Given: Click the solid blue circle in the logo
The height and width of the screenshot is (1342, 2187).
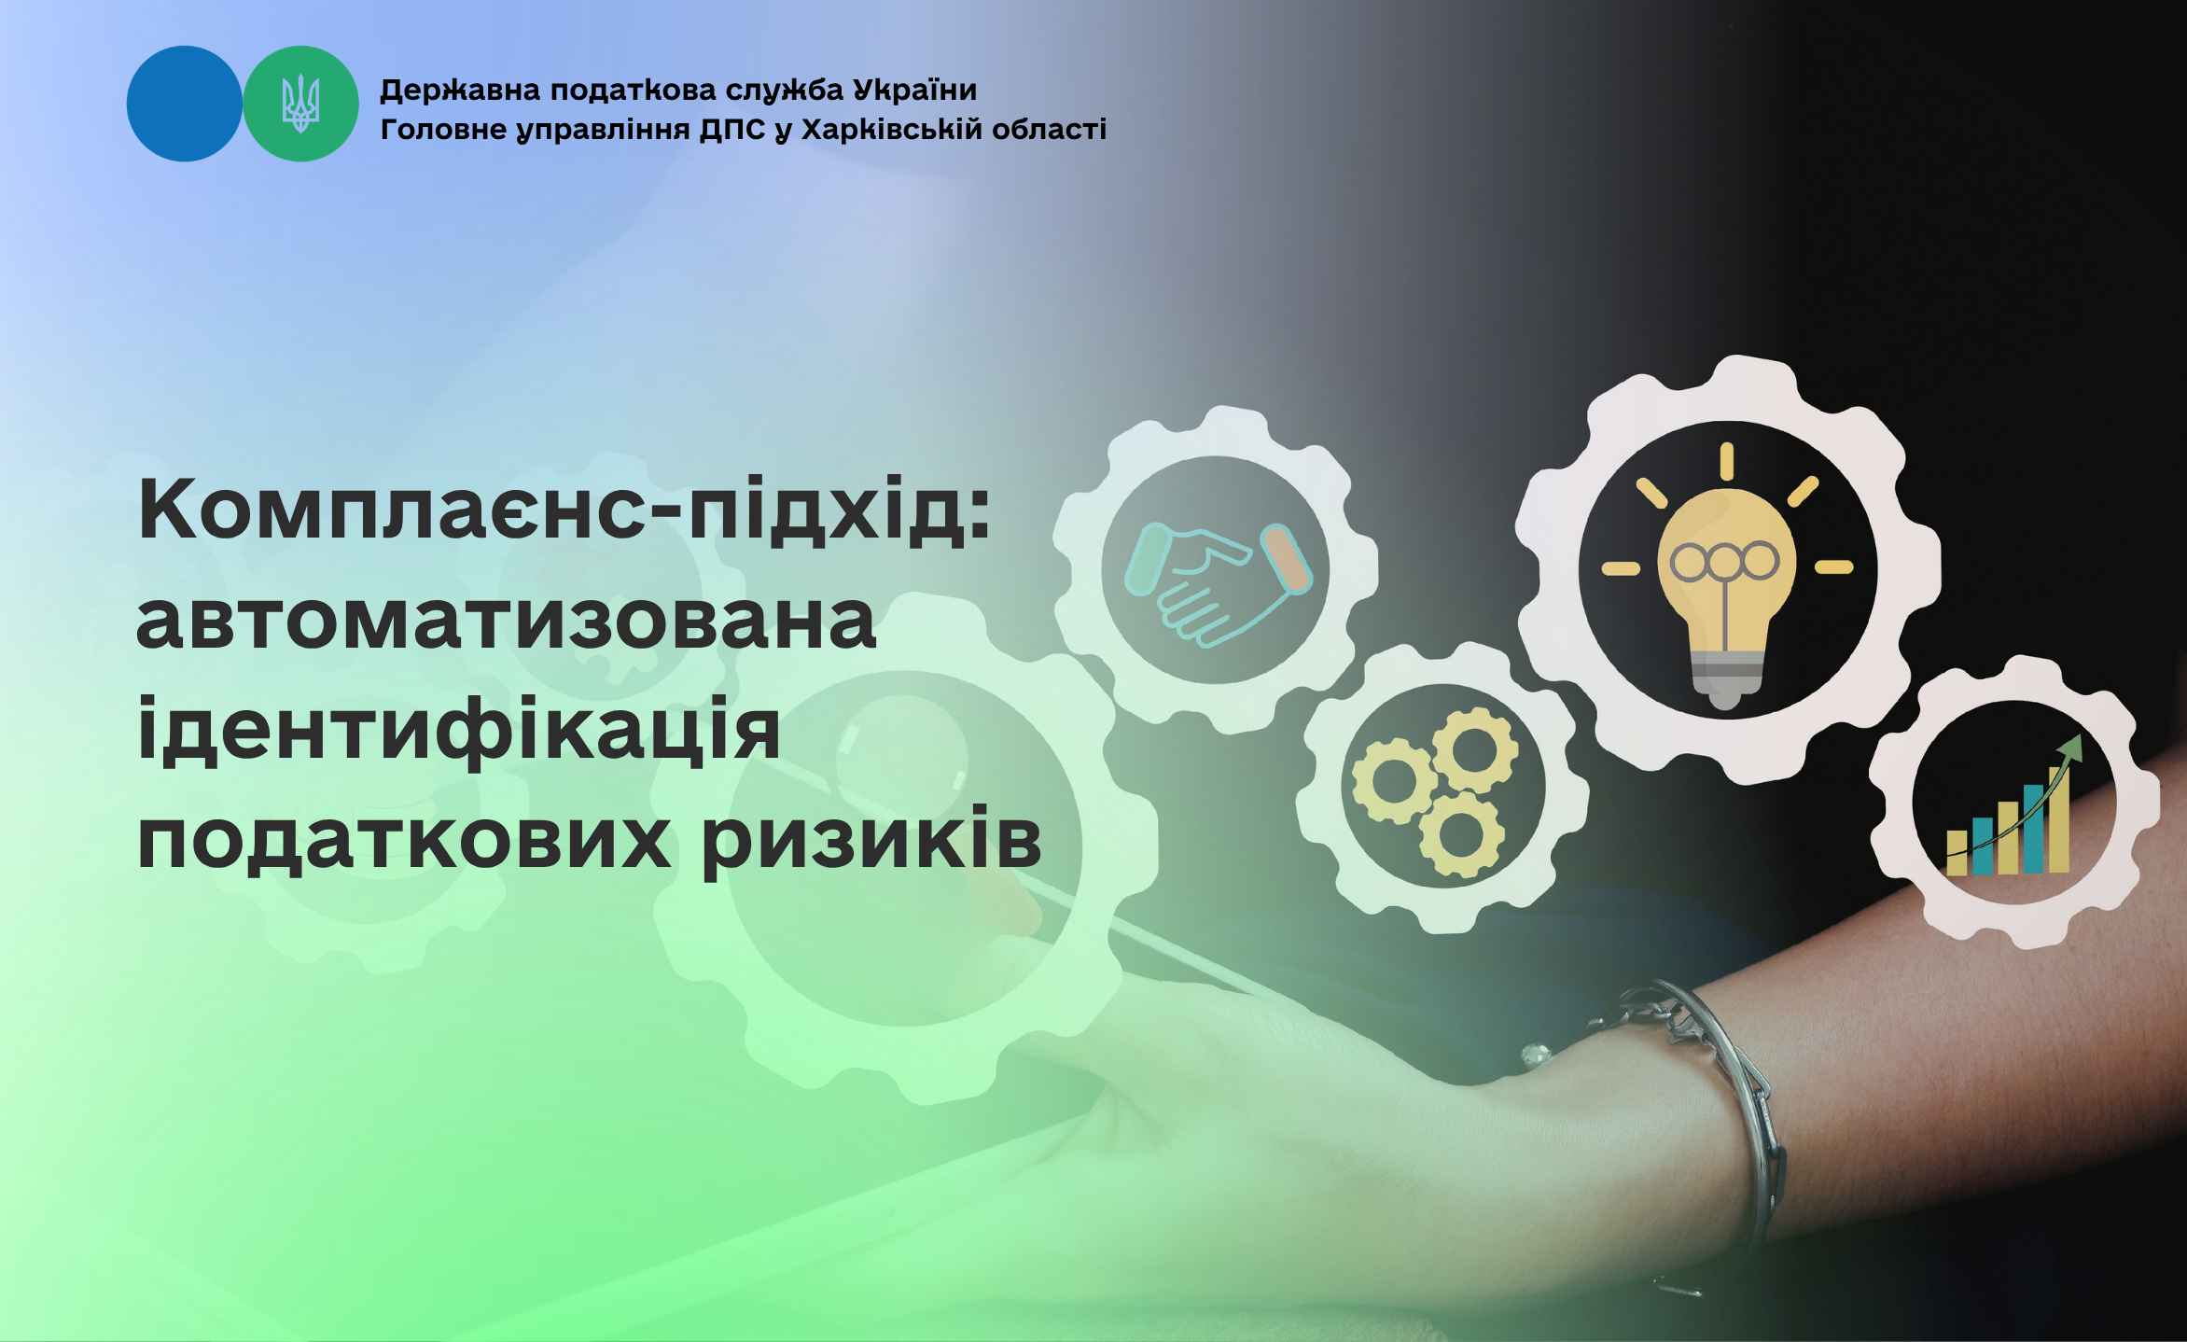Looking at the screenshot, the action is click(184, 104).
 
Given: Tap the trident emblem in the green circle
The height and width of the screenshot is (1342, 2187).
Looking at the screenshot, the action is click(300, 104).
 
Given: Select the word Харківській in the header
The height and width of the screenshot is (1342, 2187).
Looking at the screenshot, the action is click(893, 129).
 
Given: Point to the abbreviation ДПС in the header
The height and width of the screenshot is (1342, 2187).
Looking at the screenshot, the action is click(733, 129).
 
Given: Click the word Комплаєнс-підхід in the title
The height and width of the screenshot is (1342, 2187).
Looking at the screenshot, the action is click(564, 510).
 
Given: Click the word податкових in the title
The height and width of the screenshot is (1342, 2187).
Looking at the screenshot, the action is click(404, 839).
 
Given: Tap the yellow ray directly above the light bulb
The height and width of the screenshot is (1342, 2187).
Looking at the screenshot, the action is click(1727, 461).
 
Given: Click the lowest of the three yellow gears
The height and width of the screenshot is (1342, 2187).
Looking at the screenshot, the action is click(1460, 834).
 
